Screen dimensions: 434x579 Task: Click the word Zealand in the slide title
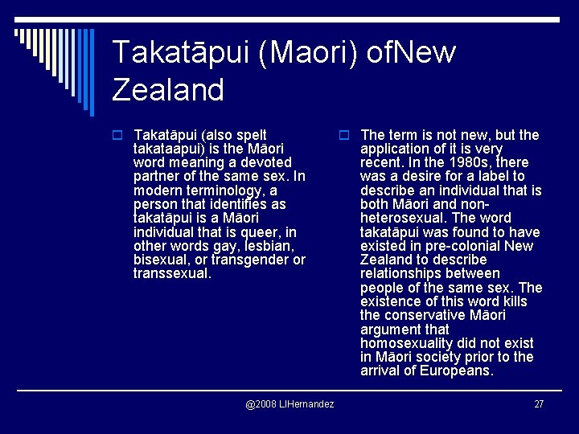coord(168,89)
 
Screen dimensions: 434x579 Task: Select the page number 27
coord(539,403)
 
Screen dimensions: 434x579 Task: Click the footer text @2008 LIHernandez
coord(289,403)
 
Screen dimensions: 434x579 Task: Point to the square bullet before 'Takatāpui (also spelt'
coord(117,136)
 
